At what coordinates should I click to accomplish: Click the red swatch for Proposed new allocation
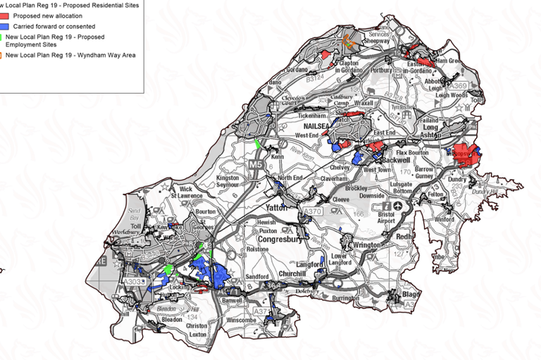[x=4, y=15]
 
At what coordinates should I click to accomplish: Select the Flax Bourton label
[x=416, y=151]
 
